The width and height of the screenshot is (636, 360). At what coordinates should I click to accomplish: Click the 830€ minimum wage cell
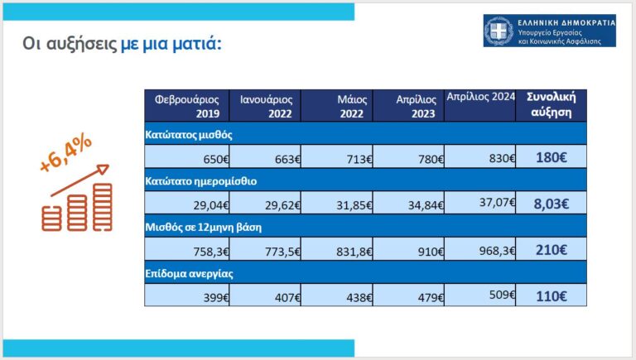479,156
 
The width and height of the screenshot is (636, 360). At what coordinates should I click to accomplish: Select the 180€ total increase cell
551,157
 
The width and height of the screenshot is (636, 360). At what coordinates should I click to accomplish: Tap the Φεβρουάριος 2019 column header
186,106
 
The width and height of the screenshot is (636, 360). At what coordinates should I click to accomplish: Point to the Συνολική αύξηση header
551,105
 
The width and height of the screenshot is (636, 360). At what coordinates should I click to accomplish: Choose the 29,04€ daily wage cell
187,203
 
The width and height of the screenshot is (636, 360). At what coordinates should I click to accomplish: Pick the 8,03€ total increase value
551,204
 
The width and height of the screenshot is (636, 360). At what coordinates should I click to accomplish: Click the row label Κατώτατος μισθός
189,135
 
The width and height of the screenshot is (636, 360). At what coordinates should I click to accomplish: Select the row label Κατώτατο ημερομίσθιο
200,180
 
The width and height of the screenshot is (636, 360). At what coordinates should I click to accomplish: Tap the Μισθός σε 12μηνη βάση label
203,227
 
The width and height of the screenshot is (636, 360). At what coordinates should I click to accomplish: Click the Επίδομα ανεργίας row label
189,274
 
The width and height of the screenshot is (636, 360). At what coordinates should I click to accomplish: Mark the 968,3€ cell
479,249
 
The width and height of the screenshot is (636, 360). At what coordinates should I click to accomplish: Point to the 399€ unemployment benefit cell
187,295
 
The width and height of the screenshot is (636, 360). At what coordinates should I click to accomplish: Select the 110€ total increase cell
551,296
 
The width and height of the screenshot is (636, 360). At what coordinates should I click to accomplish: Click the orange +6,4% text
65,153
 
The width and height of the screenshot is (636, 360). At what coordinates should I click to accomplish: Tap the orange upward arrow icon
79,180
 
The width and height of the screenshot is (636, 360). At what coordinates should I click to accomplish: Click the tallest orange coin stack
102,207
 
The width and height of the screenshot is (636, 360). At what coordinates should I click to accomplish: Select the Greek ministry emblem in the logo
499,31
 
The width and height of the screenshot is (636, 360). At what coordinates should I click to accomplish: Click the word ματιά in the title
197,43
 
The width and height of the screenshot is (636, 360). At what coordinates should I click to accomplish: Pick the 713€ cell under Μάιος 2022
337,156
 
